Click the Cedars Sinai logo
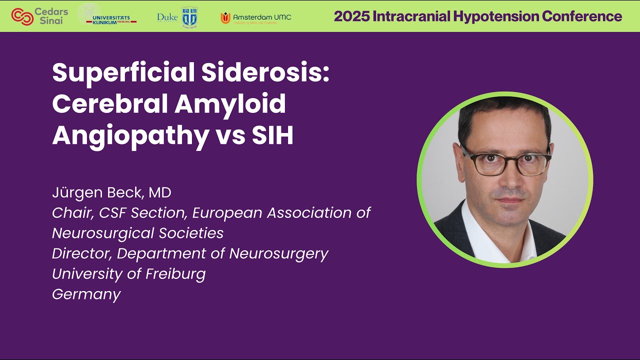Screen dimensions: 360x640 (x=39, y=16)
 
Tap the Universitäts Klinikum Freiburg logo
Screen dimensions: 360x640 (x=108, y=16)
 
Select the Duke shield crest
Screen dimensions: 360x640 (x=189, y=17)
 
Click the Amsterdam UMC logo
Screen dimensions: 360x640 (x=255, y=17)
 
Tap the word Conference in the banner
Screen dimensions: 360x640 (x=582, y=16)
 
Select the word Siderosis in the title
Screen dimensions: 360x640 (x=265, y=73)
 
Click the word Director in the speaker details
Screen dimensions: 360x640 (x=82, y=253)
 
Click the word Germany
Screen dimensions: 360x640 (x=86, y=294)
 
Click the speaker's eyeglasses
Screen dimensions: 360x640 (x=505, y=162)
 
